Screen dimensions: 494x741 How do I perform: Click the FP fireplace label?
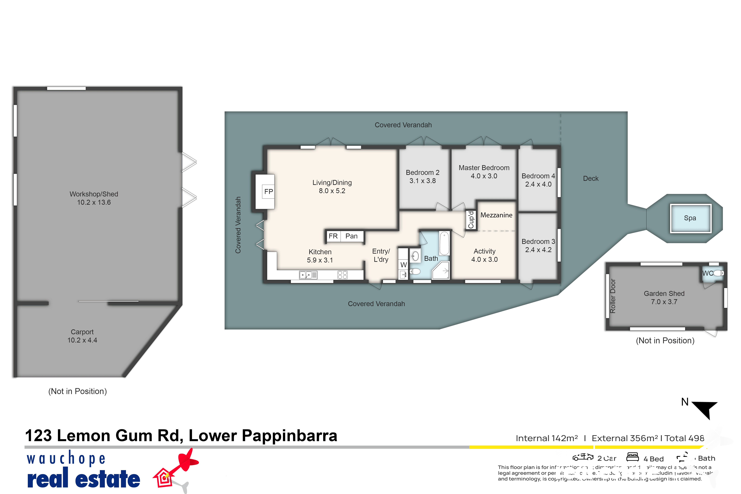point(268,192)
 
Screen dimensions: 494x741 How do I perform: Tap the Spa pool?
point(690,218)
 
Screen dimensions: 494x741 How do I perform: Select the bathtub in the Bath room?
point(444,243)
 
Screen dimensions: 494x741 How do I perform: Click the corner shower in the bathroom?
point(441,271)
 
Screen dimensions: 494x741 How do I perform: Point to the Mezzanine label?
point(496,215)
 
